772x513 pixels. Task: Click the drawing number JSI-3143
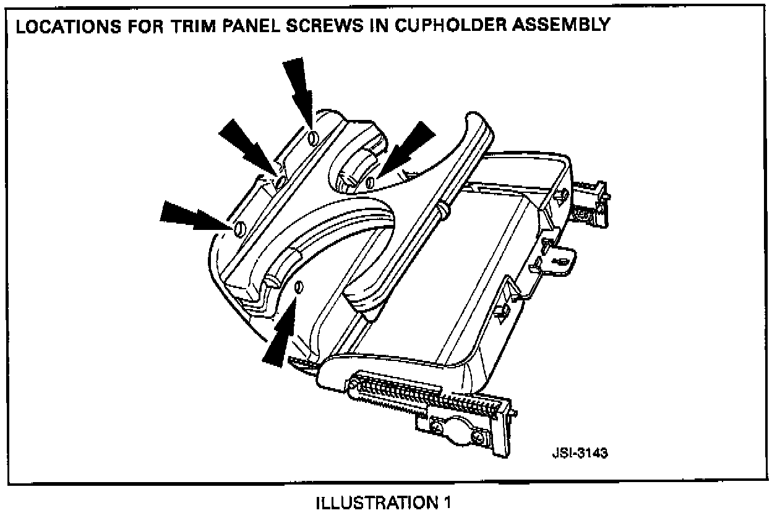point(579,452)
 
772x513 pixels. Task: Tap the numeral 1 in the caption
point(445,501)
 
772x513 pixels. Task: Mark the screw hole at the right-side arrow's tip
point(371,182)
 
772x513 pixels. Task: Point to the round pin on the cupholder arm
point(444,210)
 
